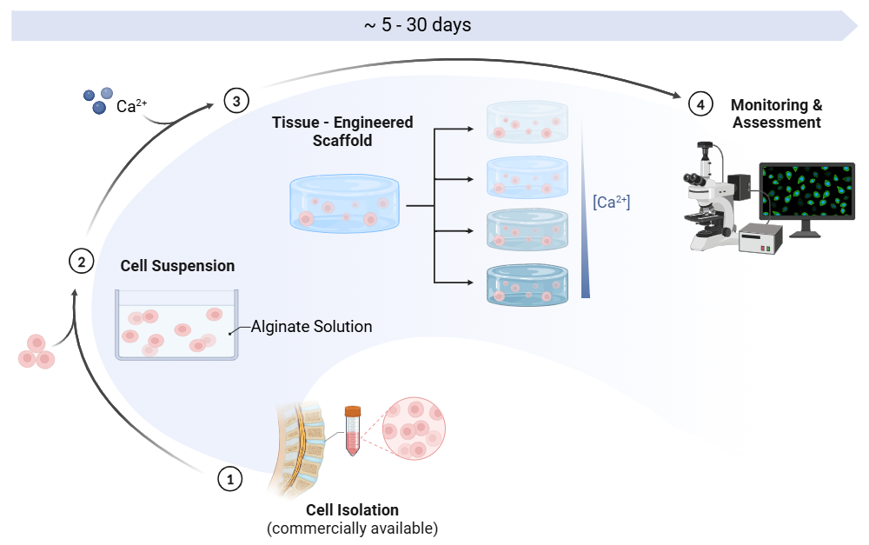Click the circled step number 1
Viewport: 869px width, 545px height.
[x=229, y=478]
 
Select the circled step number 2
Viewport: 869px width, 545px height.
[x=81, y=261]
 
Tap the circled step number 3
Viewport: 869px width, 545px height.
[x=235, y=100]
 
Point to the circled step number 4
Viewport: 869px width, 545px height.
[x=701, y=104]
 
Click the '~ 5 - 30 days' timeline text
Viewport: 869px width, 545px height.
[x=417, y=25]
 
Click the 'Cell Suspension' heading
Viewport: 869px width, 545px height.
[x=177, y=266]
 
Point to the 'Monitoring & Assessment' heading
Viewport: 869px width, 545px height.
[x=776, y=114]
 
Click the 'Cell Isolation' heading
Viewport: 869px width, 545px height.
[x=352, y=509]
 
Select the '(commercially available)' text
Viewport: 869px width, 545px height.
[x=352, y=528]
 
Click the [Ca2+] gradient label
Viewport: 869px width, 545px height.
[x=611, y=202]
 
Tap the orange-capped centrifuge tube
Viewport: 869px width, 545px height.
[x=352, y=430]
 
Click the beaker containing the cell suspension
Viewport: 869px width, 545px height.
[x=176, y=326]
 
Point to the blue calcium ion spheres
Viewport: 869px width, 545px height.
[x=97, y=98]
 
